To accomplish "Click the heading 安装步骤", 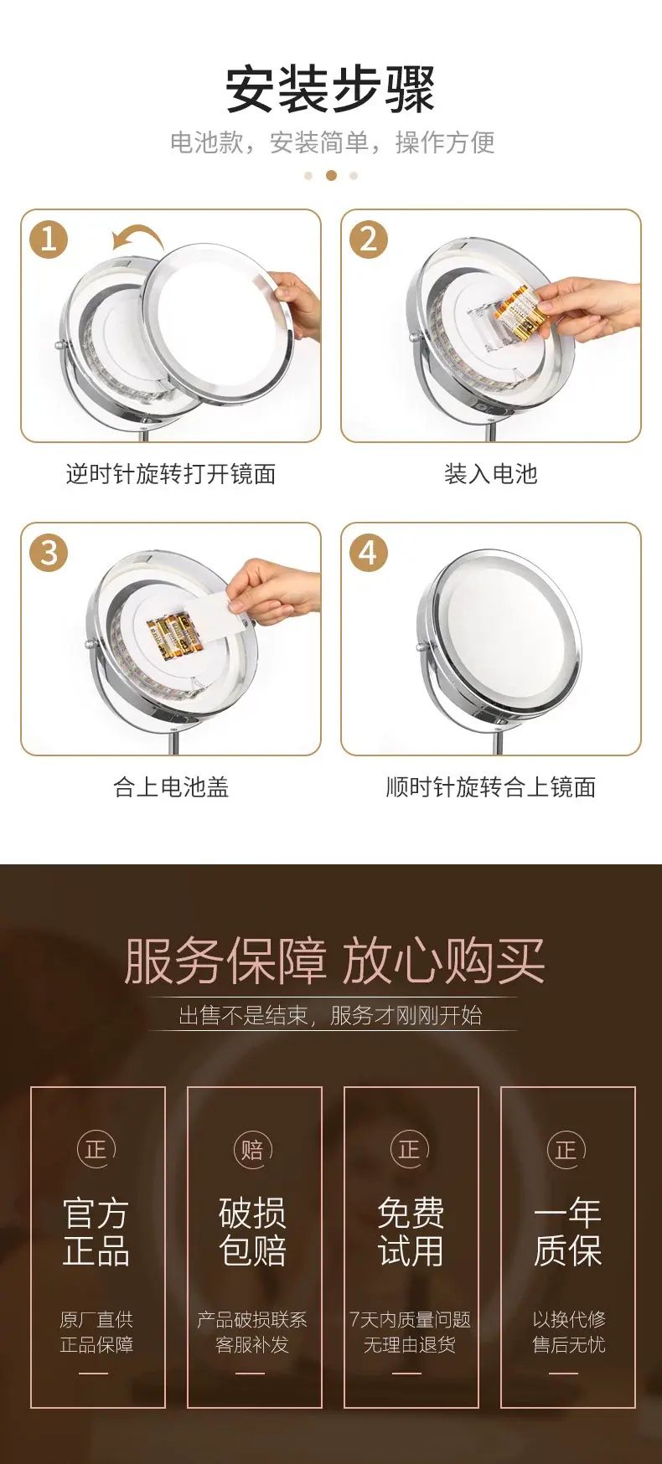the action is click(x=331, y=89).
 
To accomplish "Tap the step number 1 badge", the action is click(x=49, y=240).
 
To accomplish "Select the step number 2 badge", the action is click(x=369, y=240).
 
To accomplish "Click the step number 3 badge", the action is click(x=49, y=553).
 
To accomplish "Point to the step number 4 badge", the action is click(x=369, y=553).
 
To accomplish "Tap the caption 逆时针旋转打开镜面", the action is click(x=171, y=474).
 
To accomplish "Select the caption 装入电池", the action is click(x=491, y=474).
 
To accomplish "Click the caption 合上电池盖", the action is click(x=171, y=787).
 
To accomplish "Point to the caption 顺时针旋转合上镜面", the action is click(x=491, y=787).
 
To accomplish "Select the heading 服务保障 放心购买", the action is click(x=334, y=961).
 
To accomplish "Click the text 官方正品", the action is click(x=96, y=1232).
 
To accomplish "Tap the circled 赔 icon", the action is click(x=252, y=1149).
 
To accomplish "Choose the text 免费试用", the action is click(x=411, y=1232).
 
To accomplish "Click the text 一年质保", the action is click(x=567, y=1232).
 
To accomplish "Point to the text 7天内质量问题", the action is click(x=410, y=1320).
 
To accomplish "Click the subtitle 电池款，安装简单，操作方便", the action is click(x=333, y=142).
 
